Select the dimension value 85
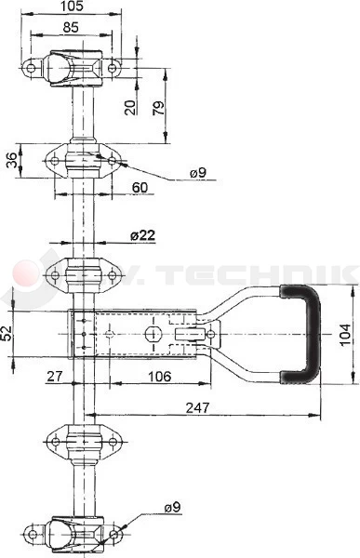coord(71,28)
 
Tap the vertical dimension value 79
coord(159,109)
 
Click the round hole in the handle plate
coord(152,333)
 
